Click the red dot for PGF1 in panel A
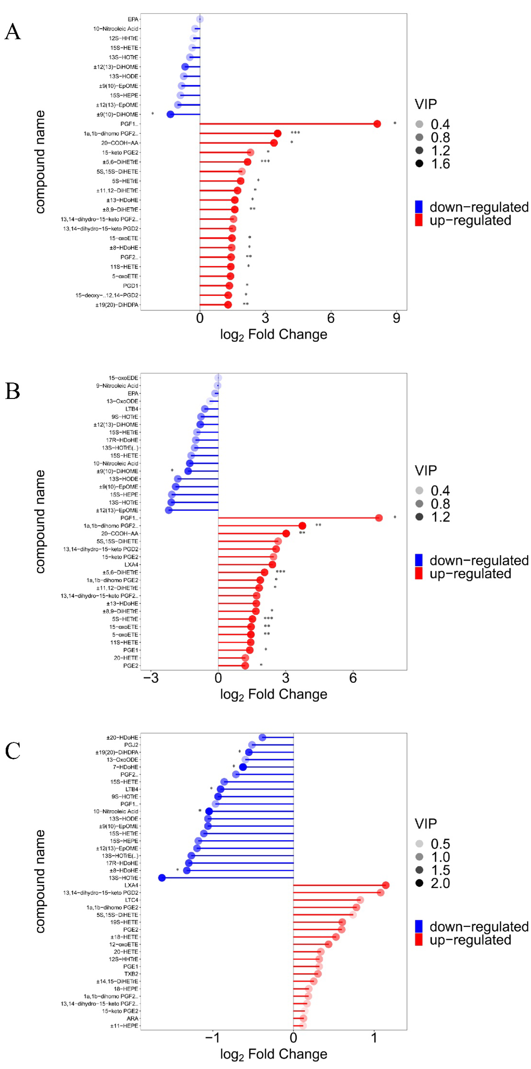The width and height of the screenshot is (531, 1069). click(x=377, y=124)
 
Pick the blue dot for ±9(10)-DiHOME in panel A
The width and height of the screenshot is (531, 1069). click(x=170, y=114)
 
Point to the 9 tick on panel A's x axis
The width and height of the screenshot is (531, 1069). click(x=396, y=318)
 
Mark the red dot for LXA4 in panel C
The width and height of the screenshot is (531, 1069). click(x=385, y=885)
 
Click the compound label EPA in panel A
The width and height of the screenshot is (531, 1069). click(x=133, y=19)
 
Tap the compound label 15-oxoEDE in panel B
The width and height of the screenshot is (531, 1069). click(x=123, y=378)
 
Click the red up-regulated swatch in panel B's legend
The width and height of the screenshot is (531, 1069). click(x=419, y=573)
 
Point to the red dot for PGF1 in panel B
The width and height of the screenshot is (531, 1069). click(x=378, y=517)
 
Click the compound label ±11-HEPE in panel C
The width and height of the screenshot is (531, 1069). click(x=124, y=1025)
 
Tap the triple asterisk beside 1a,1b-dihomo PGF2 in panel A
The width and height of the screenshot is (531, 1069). click(x=295, y=133)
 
